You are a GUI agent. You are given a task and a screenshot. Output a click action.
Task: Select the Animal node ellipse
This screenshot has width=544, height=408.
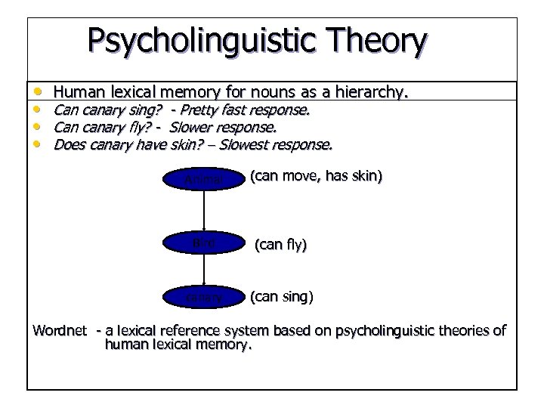point(205,179)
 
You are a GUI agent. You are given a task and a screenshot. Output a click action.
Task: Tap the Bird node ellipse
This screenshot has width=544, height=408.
point(205,243)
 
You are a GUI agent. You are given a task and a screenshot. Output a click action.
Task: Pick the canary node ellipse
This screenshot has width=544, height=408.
point(205,297)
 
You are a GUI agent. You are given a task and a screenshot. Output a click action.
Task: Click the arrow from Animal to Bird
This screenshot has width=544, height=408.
point(205,212)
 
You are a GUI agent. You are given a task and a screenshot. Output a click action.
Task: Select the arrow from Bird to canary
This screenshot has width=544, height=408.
point(205,270)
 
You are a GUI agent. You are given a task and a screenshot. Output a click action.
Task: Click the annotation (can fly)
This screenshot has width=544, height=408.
point(280,244)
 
